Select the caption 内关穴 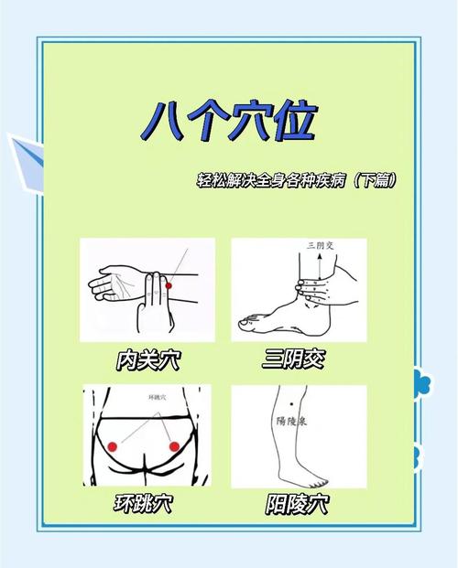pyautogui.click(x=147, y=359)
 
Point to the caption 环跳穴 pyautogui.click(x=144, y=503)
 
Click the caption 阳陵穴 pyautogui.click(x=300, y=503)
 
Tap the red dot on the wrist pyautogui.click(x=168, y=288)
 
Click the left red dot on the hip pyautogui.click(x=114, y=446)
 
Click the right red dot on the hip pyautogui.click(x=174, y=445)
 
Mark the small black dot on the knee pyautogui.click(x=290, y=404)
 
